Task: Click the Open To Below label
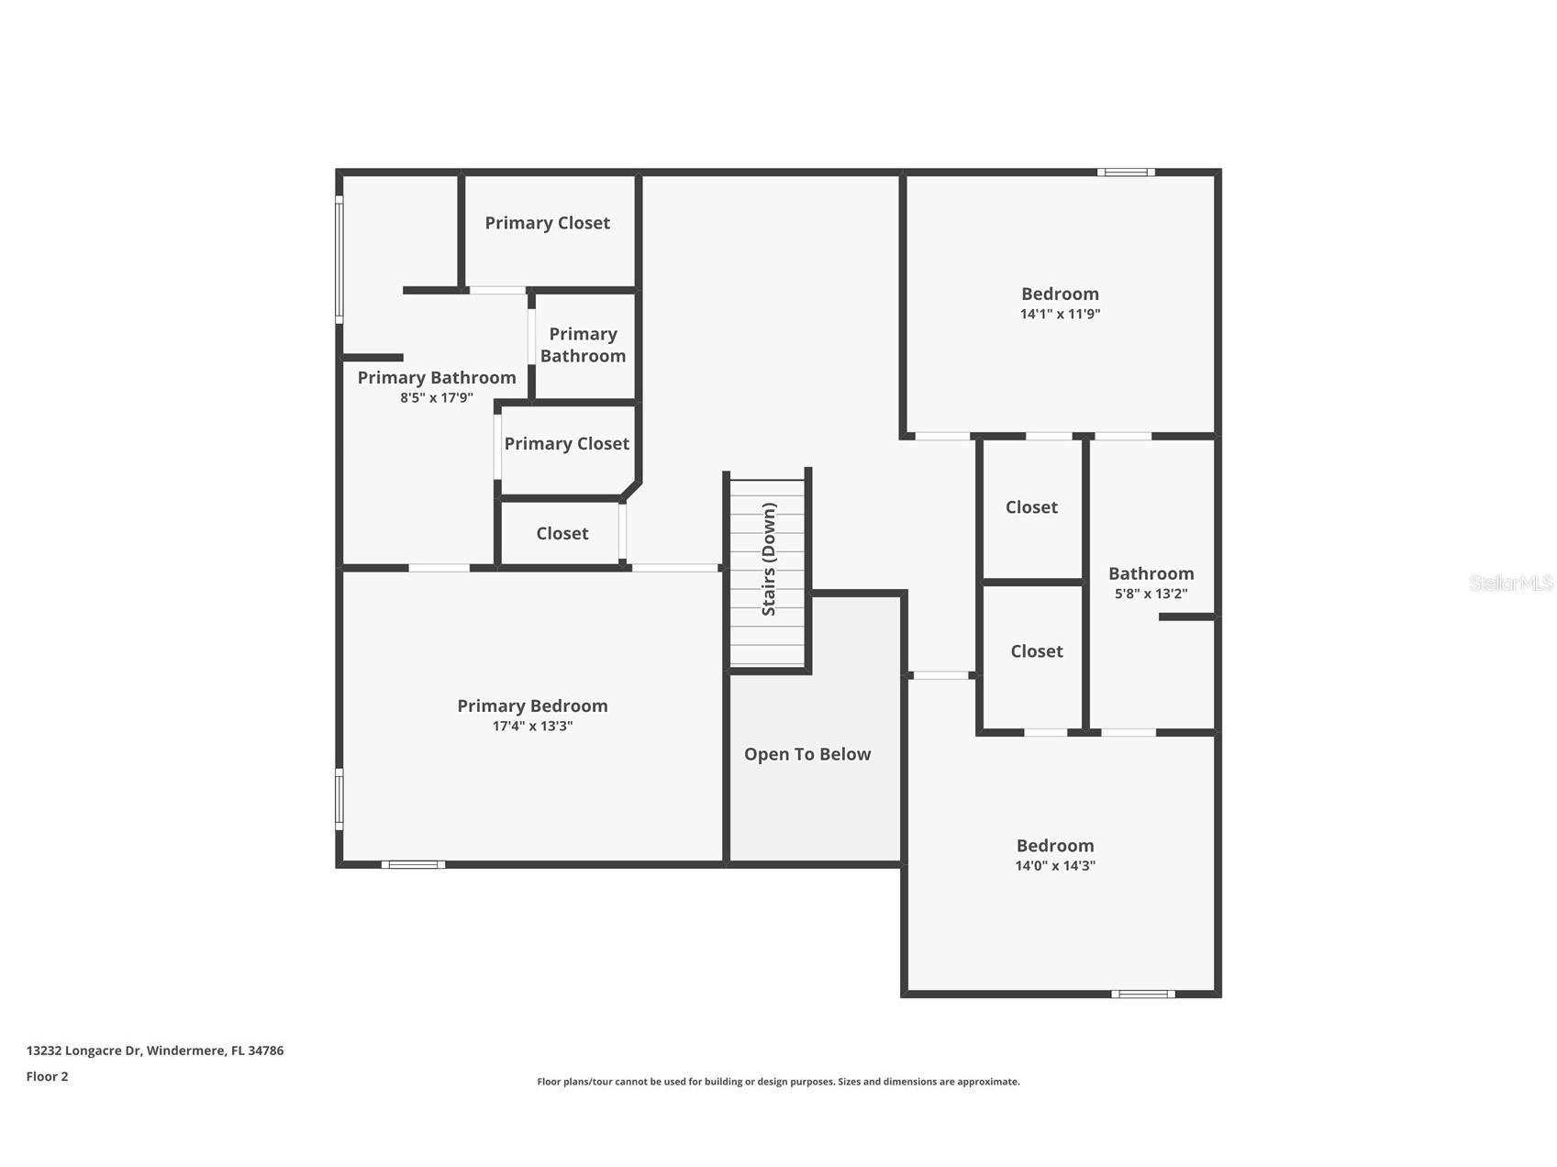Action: point(806,754)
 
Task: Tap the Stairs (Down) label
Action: point(769,559)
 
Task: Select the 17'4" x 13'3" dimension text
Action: point(532,726)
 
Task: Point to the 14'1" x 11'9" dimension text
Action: point(1060,314)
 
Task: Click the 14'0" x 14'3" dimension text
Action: point(1055,865)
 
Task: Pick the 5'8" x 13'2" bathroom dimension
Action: point(1151,594)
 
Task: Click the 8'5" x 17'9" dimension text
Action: point(437,397)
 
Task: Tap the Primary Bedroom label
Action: point(532,706)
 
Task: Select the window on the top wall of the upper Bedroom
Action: point(1126,172)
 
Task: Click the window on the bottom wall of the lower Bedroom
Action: point(1142,994)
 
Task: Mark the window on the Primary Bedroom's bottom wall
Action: point(413,864)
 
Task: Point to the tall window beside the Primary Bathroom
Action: point(339,260)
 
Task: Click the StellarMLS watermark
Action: point(1510,583)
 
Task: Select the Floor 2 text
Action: point(47,1076)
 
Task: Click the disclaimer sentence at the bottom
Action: point(778,1082)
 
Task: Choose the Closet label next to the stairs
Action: point(562,533)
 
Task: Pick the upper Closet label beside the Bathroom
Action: point(1031,507)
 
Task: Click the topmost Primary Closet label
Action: point(547,223)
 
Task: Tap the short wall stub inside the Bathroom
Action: point(1186,617)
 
